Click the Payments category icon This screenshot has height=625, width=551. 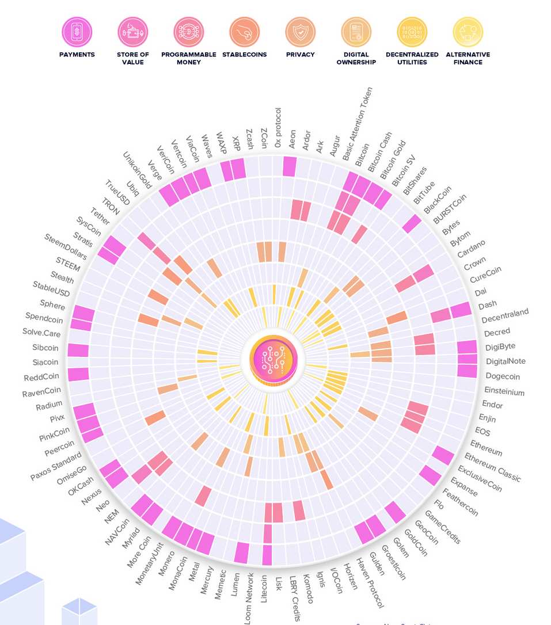click(x=77, y=32)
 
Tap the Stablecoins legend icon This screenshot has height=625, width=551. click(x=244, y=32)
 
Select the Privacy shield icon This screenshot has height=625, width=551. click(x=300, y=32)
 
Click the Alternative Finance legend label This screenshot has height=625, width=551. click(x=468, y=58)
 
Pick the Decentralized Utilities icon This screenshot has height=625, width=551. click(x=412, y=32)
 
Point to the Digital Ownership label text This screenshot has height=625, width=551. click(x=356, y=58)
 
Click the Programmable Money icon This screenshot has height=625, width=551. click(x=188, y=32)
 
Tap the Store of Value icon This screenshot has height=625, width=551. click(x=132, y=32)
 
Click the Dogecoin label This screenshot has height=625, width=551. click(x=503, y=376)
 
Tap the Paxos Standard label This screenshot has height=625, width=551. click(x=56, y=467)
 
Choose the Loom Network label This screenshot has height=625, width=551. click(x=249, y=598)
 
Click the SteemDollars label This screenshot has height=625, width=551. click(x=66, y=247)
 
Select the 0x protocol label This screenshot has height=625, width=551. click(x=278, y=128)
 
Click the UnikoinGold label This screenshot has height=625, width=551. click(x=137, y=170)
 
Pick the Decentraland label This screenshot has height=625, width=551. click(x=505, y=316)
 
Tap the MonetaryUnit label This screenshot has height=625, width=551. click(x=149, y=563)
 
